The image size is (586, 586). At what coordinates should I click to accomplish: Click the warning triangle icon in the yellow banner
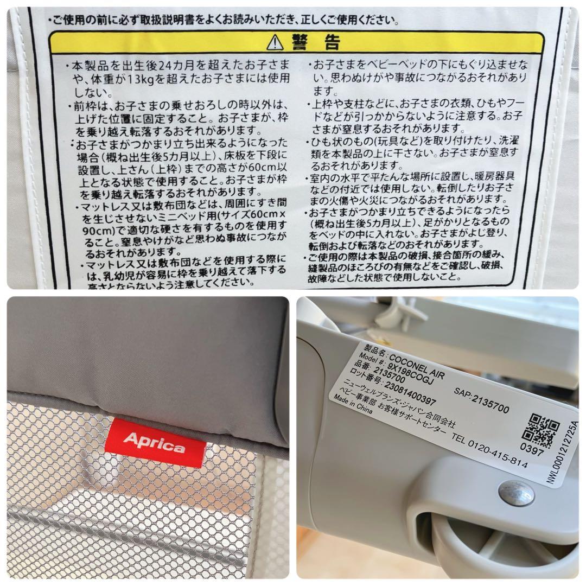(x=276, y=41)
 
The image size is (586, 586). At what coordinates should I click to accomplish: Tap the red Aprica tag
(x=155, y=442)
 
